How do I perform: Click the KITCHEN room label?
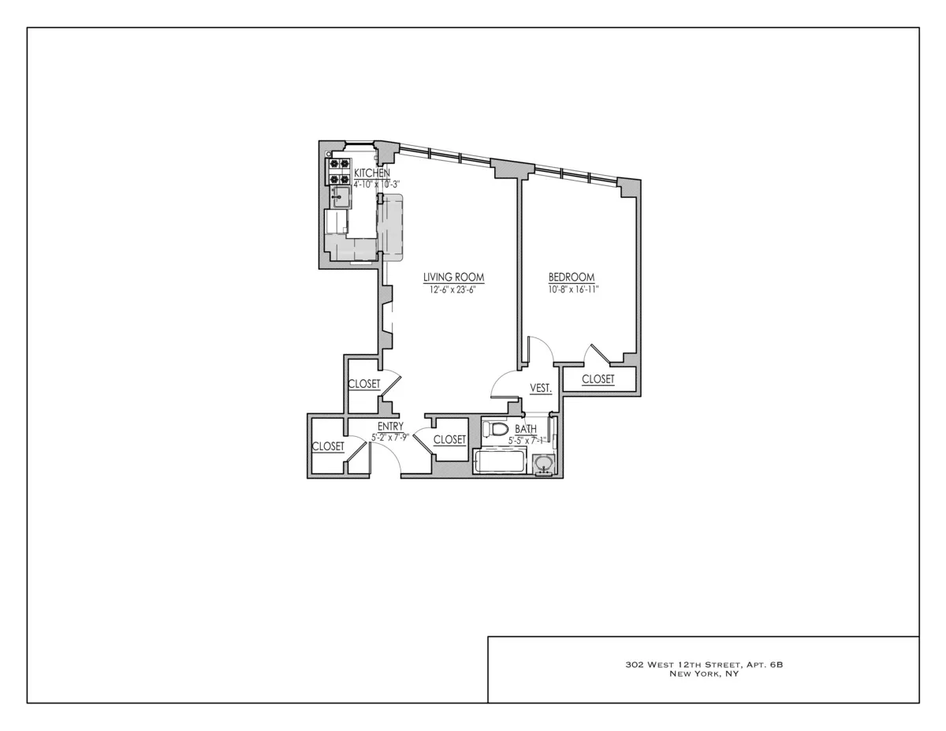(x=371, y=173)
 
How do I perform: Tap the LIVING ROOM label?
(x=453, y=278)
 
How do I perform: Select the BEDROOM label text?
(x=571, y=278)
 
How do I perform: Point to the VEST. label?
(x=540, y=389)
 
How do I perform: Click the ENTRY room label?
(x=389, y=427)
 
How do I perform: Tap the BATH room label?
(x=526, y=429)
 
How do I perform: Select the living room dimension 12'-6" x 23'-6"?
(x=453, y=289)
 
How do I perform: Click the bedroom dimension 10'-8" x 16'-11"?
(x=573, y=289)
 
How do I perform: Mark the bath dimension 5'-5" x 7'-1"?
(x=527, y=439)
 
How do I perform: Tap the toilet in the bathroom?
(x=495, y=430)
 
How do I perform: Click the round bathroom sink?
(x=543, y=464)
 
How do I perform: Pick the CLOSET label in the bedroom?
(x=598, y=379)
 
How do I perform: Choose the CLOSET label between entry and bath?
(x=449, y=440)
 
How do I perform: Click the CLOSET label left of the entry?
(x=328, y=446)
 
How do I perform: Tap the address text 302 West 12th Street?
(x=703, y=665)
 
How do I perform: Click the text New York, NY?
(x=703, y=674)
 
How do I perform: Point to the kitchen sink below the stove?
(x=341, y=196)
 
